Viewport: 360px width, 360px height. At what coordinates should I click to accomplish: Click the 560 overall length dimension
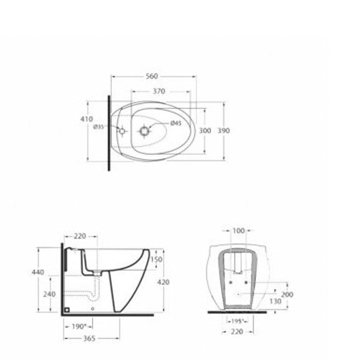pos(152,76)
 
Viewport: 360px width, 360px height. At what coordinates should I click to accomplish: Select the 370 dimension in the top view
pos(159,91)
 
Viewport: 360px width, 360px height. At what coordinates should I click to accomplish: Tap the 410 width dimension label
pos(86,119)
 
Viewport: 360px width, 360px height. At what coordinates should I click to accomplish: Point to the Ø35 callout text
pos(98,127)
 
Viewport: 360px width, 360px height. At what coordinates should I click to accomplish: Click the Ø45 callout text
pos(176,123)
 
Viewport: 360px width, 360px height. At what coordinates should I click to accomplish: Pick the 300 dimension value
pos(205,131)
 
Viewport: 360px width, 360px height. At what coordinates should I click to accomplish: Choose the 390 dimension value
pos(224,131)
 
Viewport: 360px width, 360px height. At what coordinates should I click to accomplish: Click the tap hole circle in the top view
pos(122,131)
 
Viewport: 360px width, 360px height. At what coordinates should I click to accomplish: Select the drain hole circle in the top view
pos(144,131)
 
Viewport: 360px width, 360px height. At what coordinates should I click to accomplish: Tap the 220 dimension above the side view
pos(80,236)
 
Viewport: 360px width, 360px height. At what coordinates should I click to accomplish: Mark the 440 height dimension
pos(38,272)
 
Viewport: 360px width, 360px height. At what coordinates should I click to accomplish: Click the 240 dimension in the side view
pos(49,294)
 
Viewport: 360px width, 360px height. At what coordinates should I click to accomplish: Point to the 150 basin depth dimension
pos(156,259)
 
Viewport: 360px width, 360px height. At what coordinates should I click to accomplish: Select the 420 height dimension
pos(163,282)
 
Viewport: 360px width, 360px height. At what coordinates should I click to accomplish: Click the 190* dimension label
pos(79,327)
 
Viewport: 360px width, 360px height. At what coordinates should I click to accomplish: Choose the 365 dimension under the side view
pos(90,339)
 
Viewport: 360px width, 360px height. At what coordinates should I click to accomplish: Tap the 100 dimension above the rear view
pos(239,231)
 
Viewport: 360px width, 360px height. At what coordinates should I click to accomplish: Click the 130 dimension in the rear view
pos(276,301)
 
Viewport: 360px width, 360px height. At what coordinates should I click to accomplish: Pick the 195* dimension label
pos(238,321)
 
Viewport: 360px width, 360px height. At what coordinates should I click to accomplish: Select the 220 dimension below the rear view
pos(238,332)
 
